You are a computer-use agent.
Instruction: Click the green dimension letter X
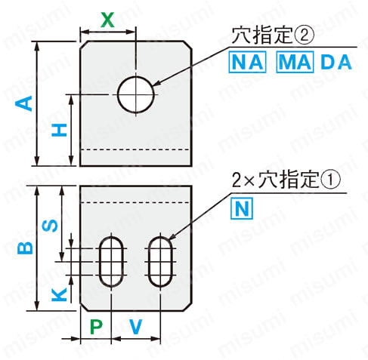[107, 20]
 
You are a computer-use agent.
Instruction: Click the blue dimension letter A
[24, 103]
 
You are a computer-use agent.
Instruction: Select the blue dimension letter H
[60, 130]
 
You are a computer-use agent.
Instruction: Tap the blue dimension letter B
[25, 248]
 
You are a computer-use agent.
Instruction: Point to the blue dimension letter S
[50, 226]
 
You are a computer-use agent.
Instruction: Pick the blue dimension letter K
[60, 294]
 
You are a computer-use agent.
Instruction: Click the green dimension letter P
[96, 327]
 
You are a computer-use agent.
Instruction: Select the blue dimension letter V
[136, 327]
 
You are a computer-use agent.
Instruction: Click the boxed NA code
[247, 62]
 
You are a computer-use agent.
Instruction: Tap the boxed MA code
[295, 62]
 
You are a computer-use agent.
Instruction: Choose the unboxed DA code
[336, 62]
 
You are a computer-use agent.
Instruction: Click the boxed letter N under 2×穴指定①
[242, 208]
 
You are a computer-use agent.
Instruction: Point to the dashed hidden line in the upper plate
[136, 149]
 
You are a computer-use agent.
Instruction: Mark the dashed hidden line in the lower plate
[136, 202]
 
